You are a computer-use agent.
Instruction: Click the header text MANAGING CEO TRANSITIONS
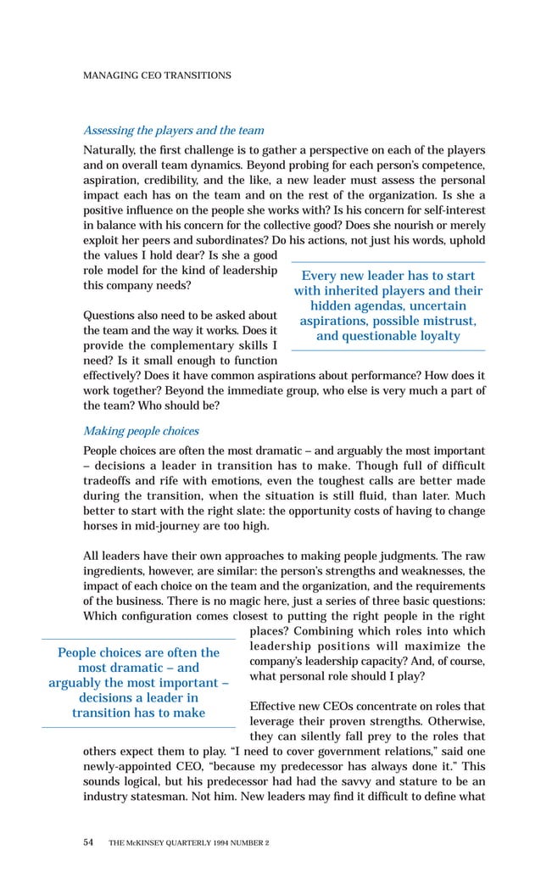pyautogui.click(x=156, y=76)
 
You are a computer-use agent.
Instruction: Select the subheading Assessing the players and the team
pyautogui.click(x=173, y=131)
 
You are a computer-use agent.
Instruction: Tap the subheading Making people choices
pyautogui.click(x=141, y=431)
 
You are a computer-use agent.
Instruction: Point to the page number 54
pyautogui.click(x=89, y=843)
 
